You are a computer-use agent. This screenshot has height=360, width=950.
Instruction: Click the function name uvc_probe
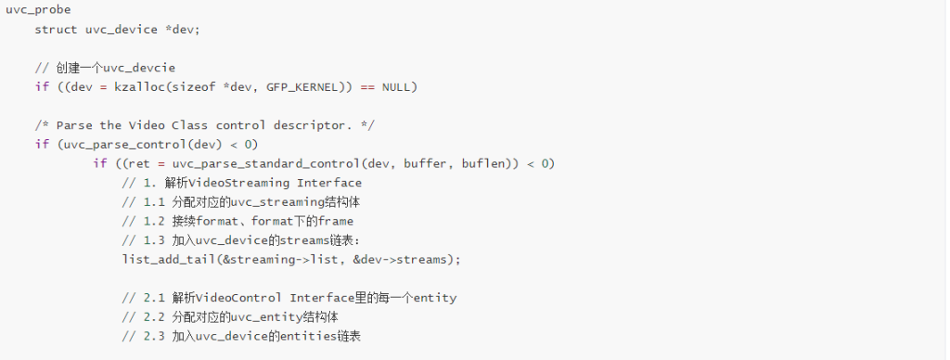(x=37, y=10)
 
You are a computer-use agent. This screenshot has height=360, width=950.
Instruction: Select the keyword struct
(x=57, y=29)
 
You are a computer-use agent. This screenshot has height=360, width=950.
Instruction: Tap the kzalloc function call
(x=139, y=86)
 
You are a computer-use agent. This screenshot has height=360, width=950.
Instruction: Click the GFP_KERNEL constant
(x=302, y=86)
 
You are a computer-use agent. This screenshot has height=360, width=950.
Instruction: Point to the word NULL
(x=395, y=86)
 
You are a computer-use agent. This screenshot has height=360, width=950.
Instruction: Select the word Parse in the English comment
(x=74, y=125)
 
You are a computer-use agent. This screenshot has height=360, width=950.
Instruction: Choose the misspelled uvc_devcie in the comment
(x=139, y=68)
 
